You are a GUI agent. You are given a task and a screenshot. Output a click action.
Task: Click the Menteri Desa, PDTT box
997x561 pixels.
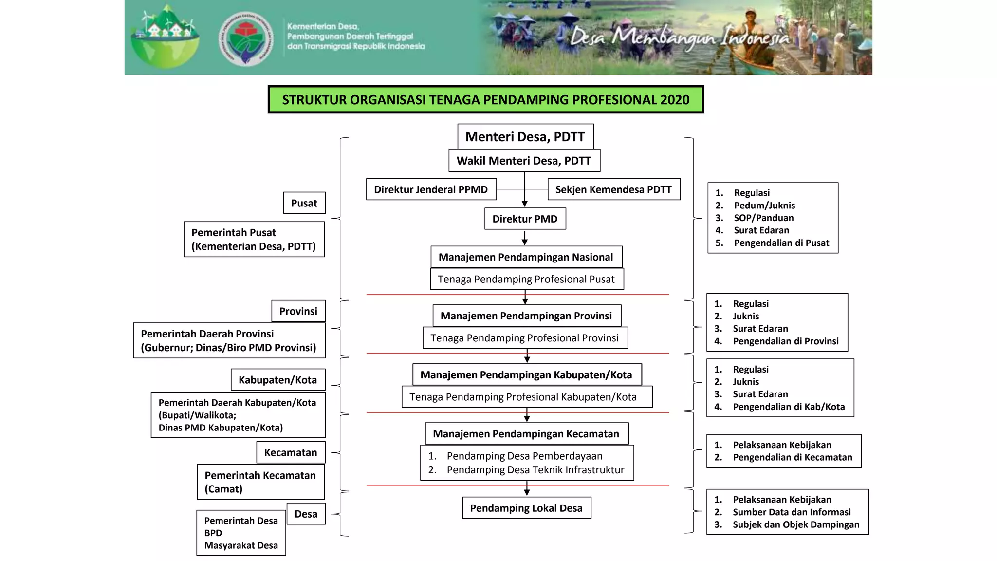point(525,137)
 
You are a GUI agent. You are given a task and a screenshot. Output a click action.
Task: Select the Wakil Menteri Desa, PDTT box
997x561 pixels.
point(524,161)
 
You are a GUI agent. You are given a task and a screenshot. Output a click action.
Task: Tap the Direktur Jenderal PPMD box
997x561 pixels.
point(431,189)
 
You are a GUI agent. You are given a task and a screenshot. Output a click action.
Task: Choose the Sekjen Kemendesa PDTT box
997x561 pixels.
point(613,189)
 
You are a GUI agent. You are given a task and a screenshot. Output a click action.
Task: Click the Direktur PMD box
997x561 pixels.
point(525,219)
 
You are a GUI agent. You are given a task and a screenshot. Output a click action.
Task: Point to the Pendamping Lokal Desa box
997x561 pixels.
point(526,508)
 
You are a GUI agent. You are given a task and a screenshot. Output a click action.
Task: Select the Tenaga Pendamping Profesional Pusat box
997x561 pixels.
point(526,279)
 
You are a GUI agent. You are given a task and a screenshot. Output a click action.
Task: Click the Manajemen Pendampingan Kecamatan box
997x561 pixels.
point(526,433)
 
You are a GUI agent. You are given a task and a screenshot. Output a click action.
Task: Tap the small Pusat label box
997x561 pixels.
point(304,203)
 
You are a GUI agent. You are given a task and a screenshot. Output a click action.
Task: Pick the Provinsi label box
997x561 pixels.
point(298,311)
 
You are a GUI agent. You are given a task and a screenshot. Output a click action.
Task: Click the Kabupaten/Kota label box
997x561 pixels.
point(277,380)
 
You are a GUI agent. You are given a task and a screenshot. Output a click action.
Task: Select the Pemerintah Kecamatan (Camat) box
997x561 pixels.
point(260,482)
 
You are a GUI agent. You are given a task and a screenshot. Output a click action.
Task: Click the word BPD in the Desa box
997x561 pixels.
point(213,533)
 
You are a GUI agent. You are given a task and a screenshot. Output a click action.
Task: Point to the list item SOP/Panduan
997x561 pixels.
point(763,218)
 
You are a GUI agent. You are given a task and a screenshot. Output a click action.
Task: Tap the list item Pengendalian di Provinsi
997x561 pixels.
point(785,341)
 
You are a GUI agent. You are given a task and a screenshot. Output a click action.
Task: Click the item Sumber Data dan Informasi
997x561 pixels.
point(792,512)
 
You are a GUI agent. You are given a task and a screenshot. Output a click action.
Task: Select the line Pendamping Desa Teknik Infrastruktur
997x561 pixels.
point(535,469)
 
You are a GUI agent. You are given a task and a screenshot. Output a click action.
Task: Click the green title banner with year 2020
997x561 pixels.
point(485,100)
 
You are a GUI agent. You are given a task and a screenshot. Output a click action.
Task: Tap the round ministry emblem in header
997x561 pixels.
point(246,38)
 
